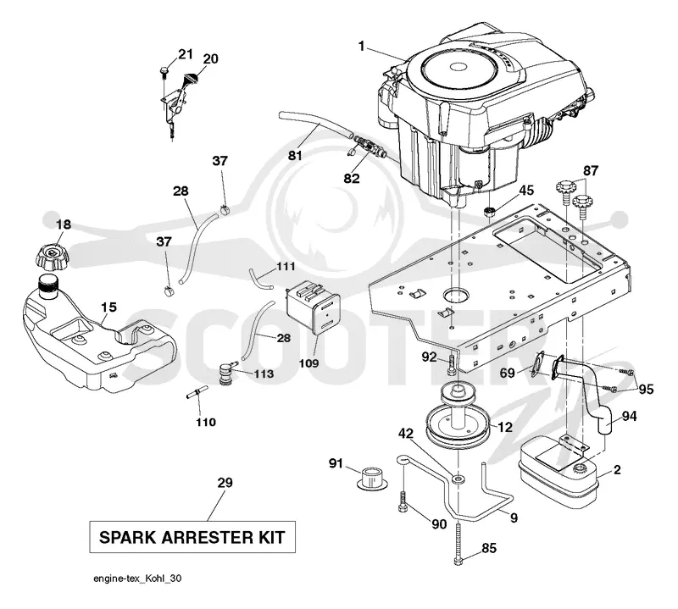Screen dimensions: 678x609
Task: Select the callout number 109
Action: [x=308, y=363]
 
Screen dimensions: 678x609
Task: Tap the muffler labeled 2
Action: [x=559, y=473]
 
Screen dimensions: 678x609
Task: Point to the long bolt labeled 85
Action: [x=458, y=543]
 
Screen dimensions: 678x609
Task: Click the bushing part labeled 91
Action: [x=372, y=478]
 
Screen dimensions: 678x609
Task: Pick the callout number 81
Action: [x=295, y=155]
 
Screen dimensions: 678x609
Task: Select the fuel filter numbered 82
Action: [x=366, y=146]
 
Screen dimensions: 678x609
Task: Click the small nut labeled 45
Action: [x=489, y=212]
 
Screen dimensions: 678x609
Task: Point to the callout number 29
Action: [x=225, y=482]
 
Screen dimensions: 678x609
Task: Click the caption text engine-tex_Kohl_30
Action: [x=137, y=579]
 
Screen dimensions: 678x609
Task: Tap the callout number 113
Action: [x=264, y=374]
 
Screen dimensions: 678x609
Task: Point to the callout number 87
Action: [x=591, y=171]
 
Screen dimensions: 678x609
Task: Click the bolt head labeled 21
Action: [x=164, y=69]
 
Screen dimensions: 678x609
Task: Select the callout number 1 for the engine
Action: [x=362, y=46]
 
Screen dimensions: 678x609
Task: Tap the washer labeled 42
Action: [x=458, y=479]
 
